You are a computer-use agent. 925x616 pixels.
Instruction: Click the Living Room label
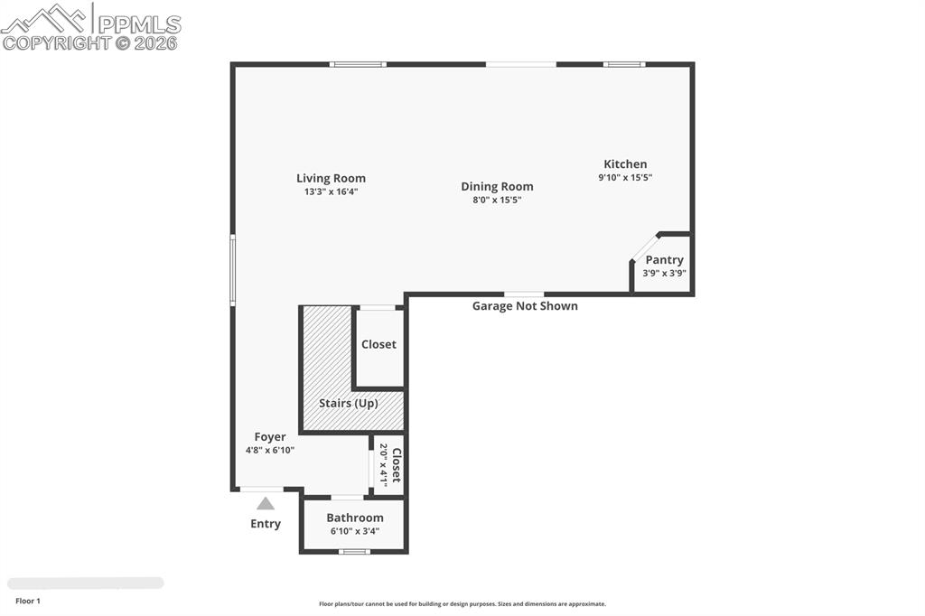click(x=331, y=178)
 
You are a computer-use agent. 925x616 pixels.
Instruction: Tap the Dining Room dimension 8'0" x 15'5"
click(x=497, y=200)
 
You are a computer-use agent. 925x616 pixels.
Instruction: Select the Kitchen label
click(x=625, y=163)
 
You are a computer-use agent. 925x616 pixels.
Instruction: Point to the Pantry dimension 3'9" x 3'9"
click(x=664, y=274)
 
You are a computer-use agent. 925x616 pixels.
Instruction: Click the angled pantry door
click(x=645, y=247)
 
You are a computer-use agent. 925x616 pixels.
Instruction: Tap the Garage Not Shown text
click(x=525, y=306)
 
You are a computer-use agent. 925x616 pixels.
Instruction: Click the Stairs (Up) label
click(x=348, y=403)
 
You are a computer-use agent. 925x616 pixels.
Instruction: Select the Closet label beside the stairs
click(x=378, y=344)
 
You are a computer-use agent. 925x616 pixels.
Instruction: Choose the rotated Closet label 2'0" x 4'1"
click(x=389, y=464)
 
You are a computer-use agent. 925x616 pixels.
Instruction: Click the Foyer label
click(x=269, y=437)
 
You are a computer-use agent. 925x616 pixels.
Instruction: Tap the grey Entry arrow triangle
click(x=265, y=504)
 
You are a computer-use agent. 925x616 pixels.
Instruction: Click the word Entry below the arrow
click(x=266, y=524)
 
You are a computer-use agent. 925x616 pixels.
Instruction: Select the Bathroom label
click(x=355, y=518)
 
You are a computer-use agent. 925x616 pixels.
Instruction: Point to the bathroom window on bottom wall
click(x=354, y=551)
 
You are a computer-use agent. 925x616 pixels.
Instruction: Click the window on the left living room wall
click(x=233, y=269)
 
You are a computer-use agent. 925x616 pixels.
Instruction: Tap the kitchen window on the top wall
click(x=624, y=64)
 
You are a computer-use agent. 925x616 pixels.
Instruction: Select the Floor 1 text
click(x=28, y=601)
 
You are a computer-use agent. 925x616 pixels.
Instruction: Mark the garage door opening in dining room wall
click(x=524, y=294)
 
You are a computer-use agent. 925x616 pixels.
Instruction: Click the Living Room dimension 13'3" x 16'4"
click(x=331, y=191)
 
